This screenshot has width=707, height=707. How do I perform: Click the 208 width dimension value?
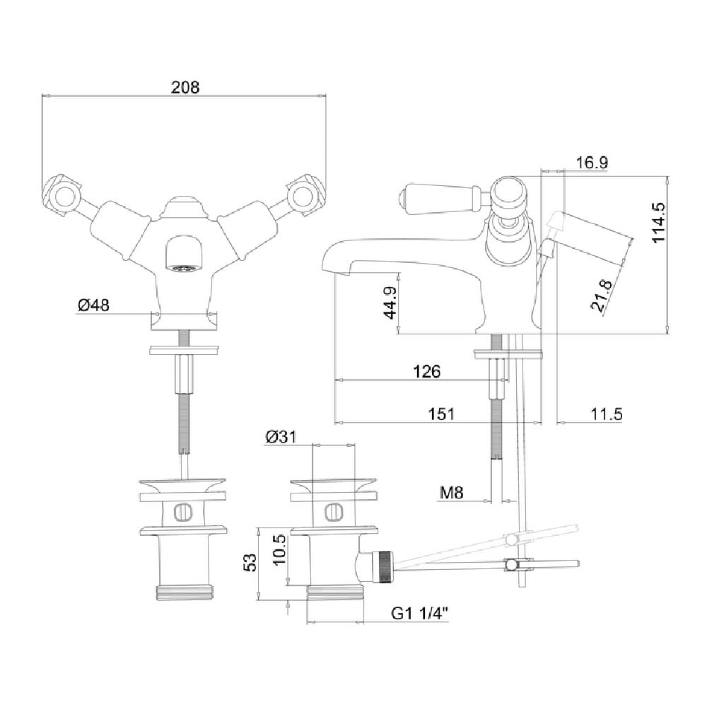tap(185, 87)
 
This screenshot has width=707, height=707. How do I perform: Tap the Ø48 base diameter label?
tap(93, 305)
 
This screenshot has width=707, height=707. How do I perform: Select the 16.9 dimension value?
tap(592, 163)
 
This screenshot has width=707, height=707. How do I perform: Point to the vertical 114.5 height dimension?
tap(658, 222)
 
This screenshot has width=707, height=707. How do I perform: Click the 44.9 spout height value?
tap(390, 303)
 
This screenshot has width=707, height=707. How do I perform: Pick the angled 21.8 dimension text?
tap(602, 296)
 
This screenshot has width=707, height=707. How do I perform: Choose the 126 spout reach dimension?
tap(426, 372)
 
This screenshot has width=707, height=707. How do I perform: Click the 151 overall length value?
tap(441, 414)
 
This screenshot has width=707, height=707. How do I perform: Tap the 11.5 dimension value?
tap(607, 414)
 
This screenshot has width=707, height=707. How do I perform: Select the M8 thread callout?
tap(451, 493)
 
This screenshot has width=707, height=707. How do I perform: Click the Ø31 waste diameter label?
tap(281, 436)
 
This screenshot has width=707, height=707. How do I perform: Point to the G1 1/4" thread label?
tap(420, 613)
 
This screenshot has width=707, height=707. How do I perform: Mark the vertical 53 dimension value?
tap(250, 562)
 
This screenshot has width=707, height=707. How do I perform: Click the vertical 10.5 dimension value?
tap(279, 549)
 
